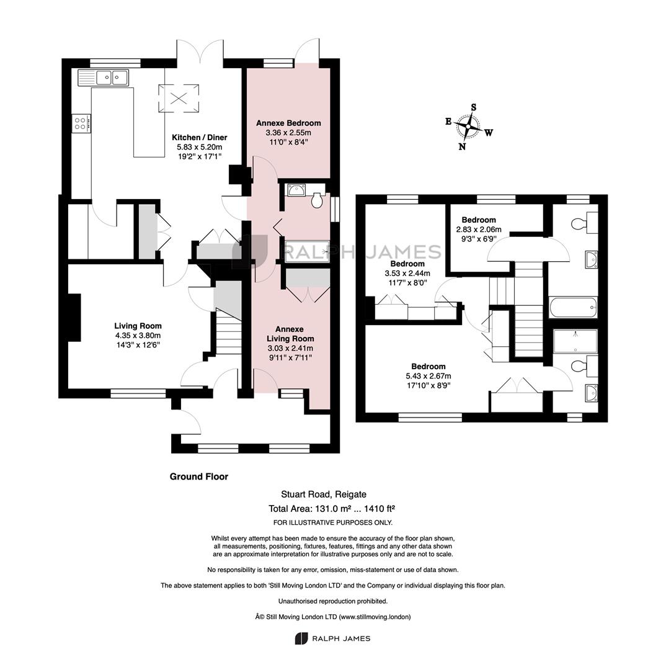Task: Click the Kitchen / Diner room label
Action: pyautogui.click(x=200, y=138)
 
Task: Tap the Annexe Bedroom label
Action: pyautogui.click(x=288, y=123)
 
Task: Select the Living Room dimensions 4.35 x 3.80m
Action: pyautogui.click(x=138, y=336)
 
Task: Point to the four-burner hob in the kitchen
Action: pyautogui.click(x=81, y=124)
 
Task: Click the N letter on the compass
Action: pyautogui.click(x=462, y=146)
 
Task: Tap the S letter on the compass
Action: pyautogui.click(x=473, y=107)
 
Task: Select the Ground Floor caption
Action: pyautogui.click(x=199, y=476)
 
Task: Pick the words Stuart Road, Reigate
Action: pyautogui.click(x=324, y=494)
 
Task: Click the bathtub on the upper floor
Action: pyautogui.click(x=573, y=307)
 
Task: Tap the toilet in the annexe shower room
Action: pyautogui.click(x=317, y=200)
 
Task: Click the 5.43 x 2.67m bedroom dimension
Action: pyautogui.click(x=428, y=376)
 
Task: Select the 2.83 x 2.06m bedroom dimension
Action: pyautogui.click(x=479, y=230)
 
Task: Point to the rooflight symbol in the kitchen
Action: pyautogui.click(x=179, y=98)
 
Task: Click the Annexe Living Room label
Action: pyautogui.click(x=290, y=334)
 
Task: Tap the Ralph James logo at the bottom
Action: pyautogui.click(x=332, y=638)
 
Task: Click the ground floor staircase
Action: pyautogui.click(x=229, y=333)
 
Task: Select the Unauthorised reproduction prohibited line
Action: pyautogui.click(x=333, y=601)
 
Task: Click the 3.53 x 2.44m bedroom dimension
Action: pyautogui.click(x=407, y=274)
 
